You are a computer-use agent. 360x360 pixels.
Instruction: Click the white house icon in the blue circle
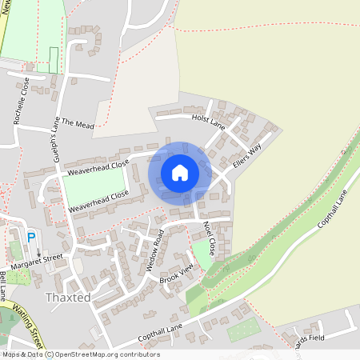point(180,173)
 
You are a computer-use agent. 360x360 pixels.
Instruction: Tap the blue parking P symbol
point(31,238)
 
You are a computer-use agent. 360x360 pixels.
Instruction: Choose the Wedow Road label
point(154,250)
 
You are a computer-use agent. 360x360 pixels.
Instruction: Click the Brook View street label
point(176,273)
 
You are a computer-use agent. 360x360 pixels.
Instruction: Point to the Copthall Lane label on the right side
point(334,208)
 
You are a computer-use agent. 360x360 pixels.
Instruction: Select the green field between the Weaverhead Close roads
point(92,186)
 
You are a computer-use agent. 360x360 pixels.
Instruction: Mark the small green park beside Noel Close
point(203,257)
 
